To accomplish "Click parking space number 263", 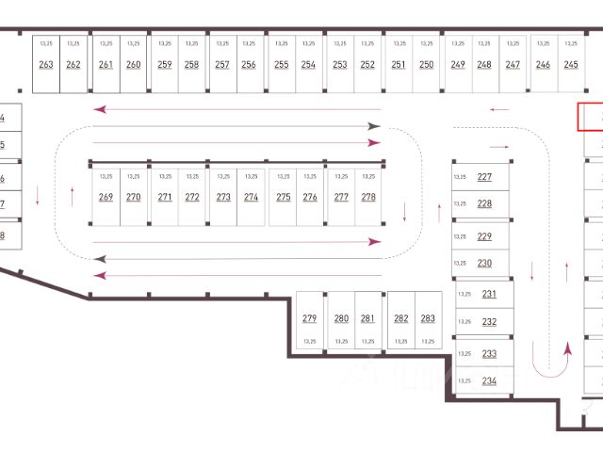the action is point(46,65).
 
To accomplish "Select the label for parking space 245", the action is point(571,65).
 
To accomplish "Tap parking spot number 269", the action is point(106,198).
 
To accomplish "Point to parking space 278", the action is point(367,198).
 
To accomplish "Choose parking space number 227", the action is point(484,177).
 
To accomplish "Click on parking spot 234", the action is point(489,381).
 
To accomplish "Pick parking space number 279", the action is point(310,318).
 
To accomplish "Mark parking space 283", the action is point(428,318).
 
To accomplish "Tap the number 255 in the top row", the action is point(282,65).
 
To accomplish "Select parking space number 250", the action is point(427,65).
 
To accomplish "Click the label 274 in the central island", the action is point(251,198).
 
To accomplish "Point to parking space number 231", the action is point(489,294).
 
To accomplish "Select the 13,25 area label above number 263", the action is point(46,43).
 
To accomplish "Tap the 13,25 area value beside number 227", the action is point(460,177).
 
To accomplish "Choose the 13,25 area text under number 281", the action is point(367,341).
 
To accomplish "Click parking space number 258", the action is point(191,65).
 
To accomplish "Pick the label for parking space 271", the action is point(165,198).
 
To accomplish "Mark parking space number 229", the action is point(484,236).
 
